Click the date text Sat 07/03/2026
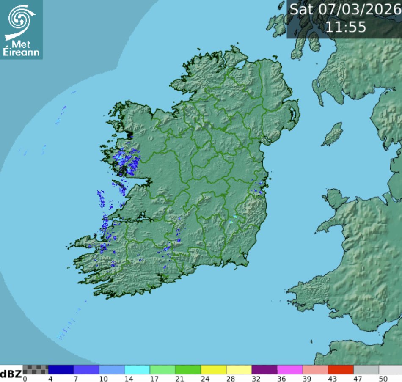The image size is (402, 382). [344, 10]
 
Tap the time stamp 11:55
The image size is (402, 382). [345, 27]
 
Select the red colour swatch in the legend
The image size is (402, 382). [340, 369]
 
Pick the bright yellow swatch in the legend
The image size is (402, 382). [214, 369]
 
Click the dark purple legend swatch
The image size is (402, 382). [264, 369]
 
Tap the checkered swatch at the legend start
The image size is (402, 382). [36, 369]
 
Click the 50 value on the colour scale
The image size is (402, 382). [383, 378]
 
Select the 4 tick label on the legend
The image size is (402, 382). [50, 378]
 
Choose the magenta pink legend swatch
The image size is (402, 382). [290, 369]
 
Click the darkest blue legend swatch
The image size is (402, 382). [61, 369]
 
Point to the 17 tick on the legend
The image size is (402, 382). [154, 378]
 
